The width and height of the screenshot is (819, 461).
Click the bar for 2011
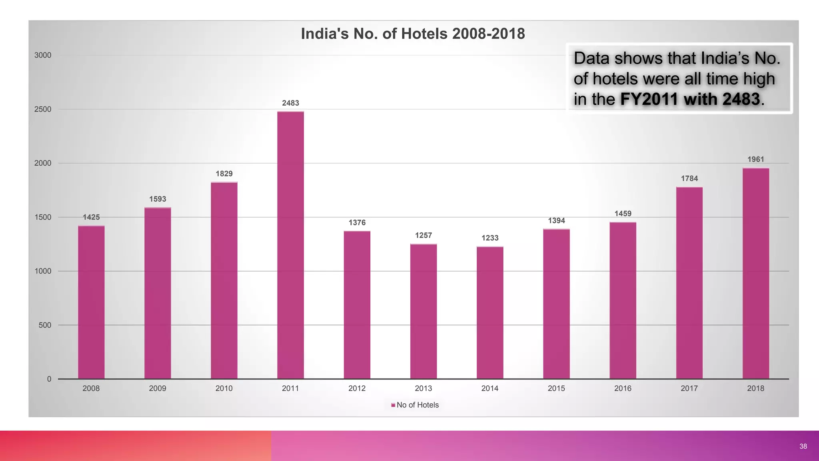click(290, 245)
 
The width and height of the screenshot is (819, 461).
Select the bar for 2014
click(490, 313)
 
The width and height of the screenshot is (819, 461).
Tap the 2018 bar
click(756, 273)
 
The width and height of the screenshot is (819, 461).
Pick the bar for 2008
click(91, 302)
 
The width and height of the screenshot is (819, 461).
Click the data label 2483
click(290, 103)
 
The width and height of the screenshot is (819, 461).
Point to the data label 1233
click(490, 238)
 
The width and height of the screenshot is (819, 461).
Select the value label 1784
click(689, 178)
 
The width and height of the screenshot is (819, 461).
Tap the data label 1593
click(158, 199)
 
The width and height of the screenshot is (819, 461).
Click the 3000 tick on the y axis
click(43, 55)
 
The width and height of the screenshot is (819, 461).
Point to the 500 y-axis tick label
click(45, 325)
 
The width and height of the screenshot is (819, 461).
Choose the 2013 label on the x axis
click(423, 388)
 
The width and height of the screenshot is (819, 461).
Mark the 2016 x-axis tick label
click(623, 388)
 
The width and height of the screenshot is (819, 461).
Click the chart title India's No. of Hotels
click(412, 34)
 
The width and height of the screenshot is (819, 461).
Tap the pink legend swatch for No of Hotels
click(393, 405)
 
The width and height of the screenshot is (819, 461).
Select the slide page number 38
click(803, 446)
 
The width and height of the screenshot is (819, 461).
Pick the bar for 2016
click(623, 301)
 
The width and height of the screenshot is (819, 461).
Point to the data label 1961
click(756, 159)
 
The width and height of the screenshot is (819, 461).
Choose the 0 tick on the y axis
click(49, 379)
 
